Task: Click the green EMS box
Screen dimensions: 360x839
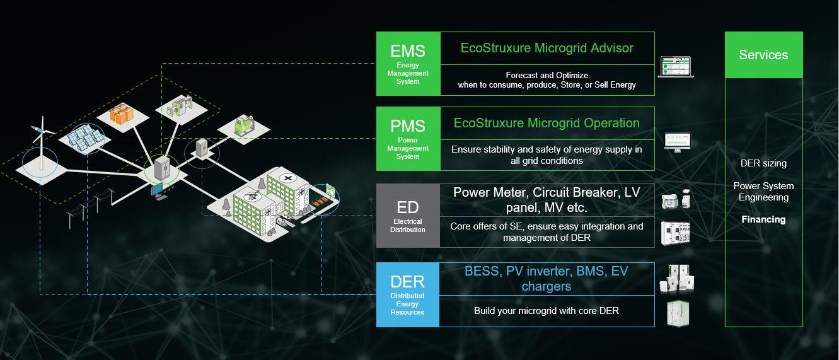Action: tap(408, 64)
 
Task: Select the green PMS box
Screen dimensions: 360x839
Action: tap(408, 139)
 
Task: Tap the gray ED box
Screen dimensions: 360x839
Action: tap(407, 215)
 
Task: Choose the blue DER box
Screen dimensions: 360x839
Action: tap(407, 294)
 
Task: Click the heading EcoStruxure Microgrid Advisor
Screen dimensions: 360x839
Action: tap(547, 48)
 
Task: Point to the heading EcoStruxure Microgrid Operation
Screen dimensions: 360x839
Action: tap(547, 123)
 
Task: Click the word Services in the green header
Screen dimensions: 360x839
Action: tap(763, 55)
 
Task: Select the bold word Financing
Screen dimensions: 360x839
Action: tap(763, 219)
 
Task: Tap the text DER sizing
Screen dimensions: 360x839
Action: tap(763, 163)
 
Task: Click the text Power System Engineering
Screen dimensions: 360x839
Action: tap(763, 192)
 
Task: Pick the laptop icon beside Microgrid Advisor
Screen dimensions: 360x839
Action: tap(675, 67)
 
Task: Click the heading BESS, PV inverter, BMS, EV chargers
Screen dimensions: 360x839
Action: tap(546, 278)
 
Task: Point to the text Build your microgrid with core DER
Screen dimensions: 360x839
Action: tap(546, 311)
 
